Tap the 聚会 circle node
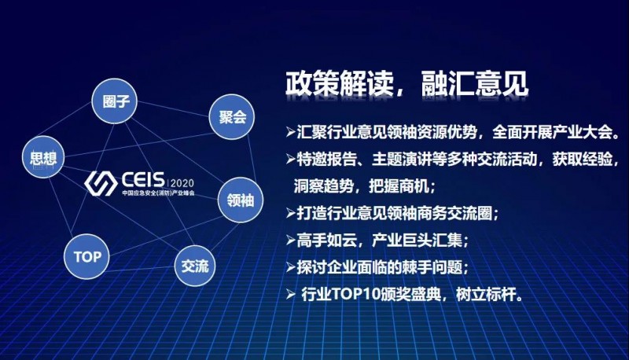(232, 118)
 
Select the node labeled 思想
(45, 158)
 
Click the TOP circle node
(87, 256)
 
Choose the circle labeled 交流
(195, 265)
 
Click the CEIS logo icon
(100, 182)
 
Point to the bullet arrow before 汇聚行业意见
(292, 130)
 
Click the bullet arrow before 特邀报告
(292, 160)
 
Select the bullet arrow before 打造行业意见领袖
(292, 211)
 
